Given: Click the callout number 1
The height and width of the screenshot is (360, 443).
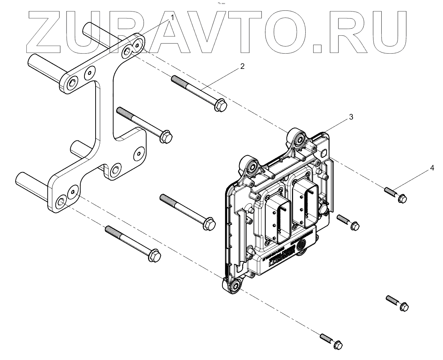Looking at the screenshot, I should pos(172,17).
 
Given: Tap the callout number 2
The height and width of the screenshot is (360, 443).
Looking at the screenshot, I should pos(242,67).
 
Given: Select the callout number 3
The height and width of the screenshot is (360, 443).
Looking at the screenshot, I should pos(351,117).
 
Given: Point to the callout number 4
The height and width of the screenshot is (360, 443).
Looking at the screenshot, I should pos(432,168).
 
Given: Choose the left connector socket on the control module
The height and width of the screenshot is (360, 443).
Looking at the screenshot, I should pos(277,216).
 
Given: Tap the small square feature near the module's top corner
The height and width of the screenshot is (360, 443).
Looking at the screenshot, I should pos(323,153).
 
